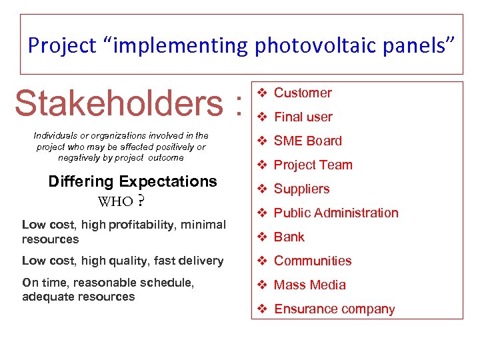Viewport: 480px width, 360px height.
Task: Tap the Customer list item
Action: [303, 93]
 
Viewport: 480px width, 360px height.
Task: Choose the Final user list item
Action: [303, 117]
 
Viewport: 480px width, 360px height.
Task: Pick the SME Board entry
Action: [307, 141]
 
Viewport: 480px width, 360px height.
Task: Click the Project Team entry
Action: [313, 165]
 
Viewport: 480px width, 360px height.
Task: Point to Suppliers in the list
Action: [301, 189]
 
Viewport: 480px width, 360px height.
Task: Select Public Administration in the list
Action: [336, 213]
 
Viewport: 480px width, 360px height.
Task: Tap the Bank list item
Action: [289, 237]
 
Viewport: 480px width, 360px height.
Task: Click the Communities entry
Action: [313, 261]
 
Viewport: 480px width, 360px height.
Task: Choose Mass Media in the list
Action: [309, 285]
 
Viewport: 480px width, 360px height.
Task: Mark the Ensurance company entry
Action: [334, 309]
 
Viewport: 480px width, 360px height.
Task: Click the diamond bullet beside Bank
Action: [262, 237]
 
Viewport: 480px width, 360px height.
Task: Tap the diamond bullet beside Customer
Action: [262, 93]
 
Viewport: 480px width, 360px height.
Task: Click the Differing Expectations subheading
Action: [133, 181]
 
